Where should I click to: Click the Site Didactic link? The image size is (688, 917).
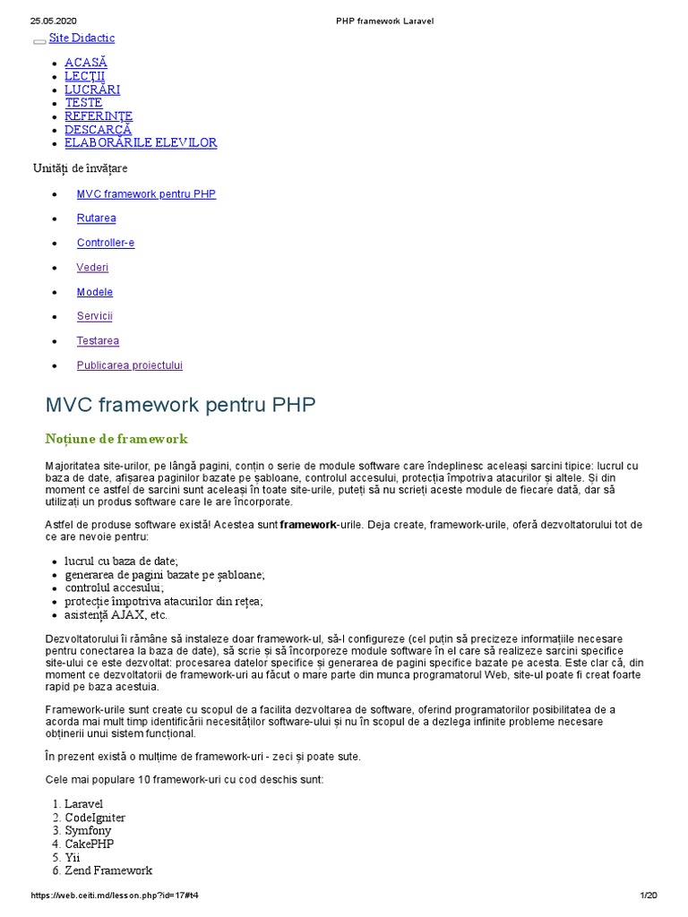click(82, 39)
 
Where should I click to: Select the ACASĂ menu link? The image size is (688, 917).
click(86, 63)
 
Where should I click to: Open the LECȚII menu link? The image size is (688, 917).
click(84, 76)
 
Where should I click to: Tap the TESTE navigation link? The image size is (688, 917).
click(83, 103)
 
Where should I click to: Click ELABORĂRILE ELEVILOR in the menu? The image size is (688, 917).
click(141, 143)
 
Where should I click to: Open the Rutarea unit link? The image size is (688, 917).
click(96, 219)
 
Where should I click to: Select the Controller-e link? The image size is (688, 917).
click(106, 243)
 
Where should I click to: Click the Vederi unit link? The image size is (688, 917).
click(92, 268)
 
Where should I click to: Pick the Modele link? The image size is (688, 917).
click(95, 292)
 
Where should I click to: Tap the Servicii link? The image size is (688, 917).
click(95, 316)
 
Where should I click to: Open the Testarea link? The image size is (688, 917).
click(98, 341)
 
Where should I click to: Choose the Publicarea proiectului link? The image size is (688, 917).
click(130, 365)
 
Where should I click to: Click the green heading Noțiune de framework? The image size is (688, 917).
click(116, 439)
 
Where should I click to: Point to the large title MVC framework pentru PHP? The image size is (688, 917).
click(180, 406)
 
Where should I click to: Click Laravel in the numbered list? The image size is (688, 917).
click(83, 804)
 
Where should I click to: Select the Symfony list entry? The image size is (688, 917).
click(88, 831)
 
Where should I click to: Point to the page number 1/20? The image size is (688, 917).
click(649, 896)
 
